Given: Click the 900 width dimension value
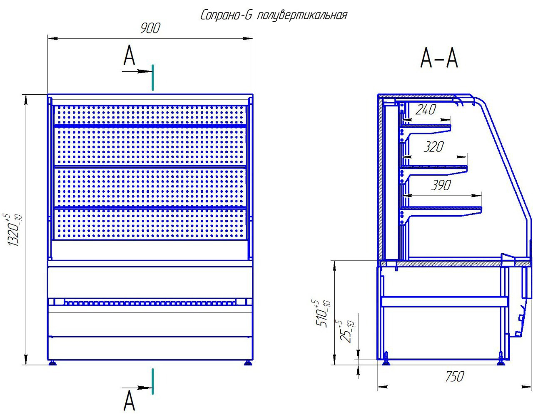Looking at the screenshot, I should tap(150, 28).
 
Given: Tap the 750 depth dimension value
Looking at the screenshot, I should tap(453, 377).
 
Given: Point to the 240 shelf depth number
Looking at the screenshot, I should tap(426, 110).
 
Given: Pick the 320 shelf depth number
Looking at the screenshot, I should tap(433, 147).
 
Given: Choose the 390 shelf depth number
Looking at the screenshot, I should tap(440, 185).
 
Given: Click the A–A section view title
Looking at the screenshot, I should tap(439, 58).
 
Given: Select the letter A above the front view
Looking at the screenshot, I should tap(130, 56).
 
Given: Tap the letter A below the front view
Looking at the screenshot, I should tap(130, 401).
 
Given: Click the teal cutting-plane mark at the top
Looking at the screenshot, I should tap(153, 77).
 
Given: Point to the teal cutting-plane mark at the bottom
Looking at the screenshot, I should tap(153, 381).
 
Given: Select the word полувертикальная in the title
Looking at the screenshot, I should tap(302, 16).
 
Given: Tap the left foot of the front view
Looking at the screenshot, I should tap(53, 362).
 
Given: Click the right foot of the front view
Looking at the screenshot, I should tap(248, 362).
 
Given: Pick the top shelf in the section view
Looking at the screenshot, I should tap(427, 126).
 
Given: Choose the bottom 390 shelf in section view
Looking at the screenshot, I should tap(441, 209).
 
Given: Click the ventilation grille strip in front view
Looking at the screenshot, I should tap(150, 302).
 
